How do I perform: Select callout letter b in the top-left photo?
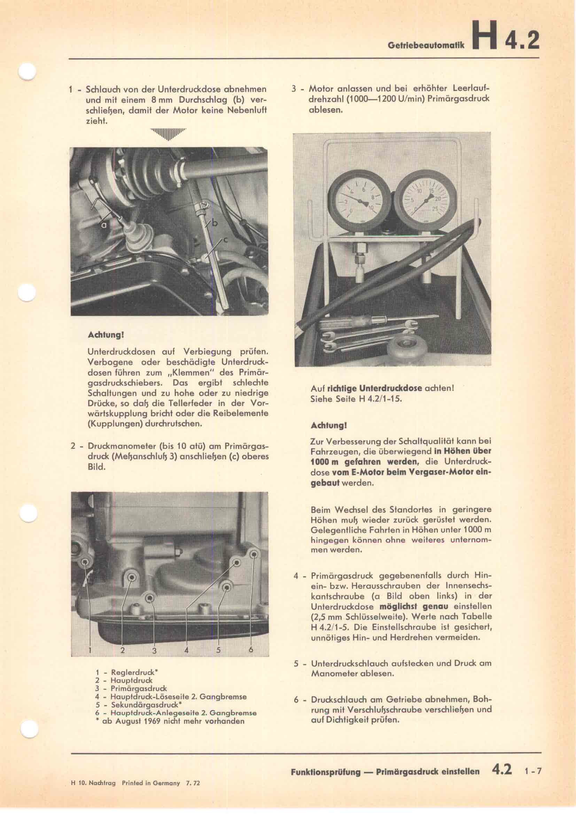215,224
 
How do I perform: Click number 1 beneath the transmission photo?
90,650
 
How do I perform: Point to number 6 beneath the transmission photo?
251,649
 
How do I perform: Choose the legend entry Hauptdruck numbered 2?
131,680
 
